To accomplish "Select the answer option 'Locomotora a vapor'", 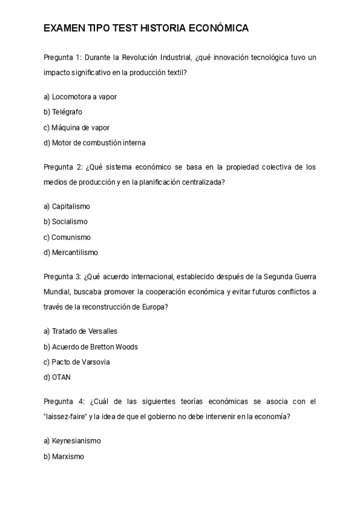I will [x=80, y=96].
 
